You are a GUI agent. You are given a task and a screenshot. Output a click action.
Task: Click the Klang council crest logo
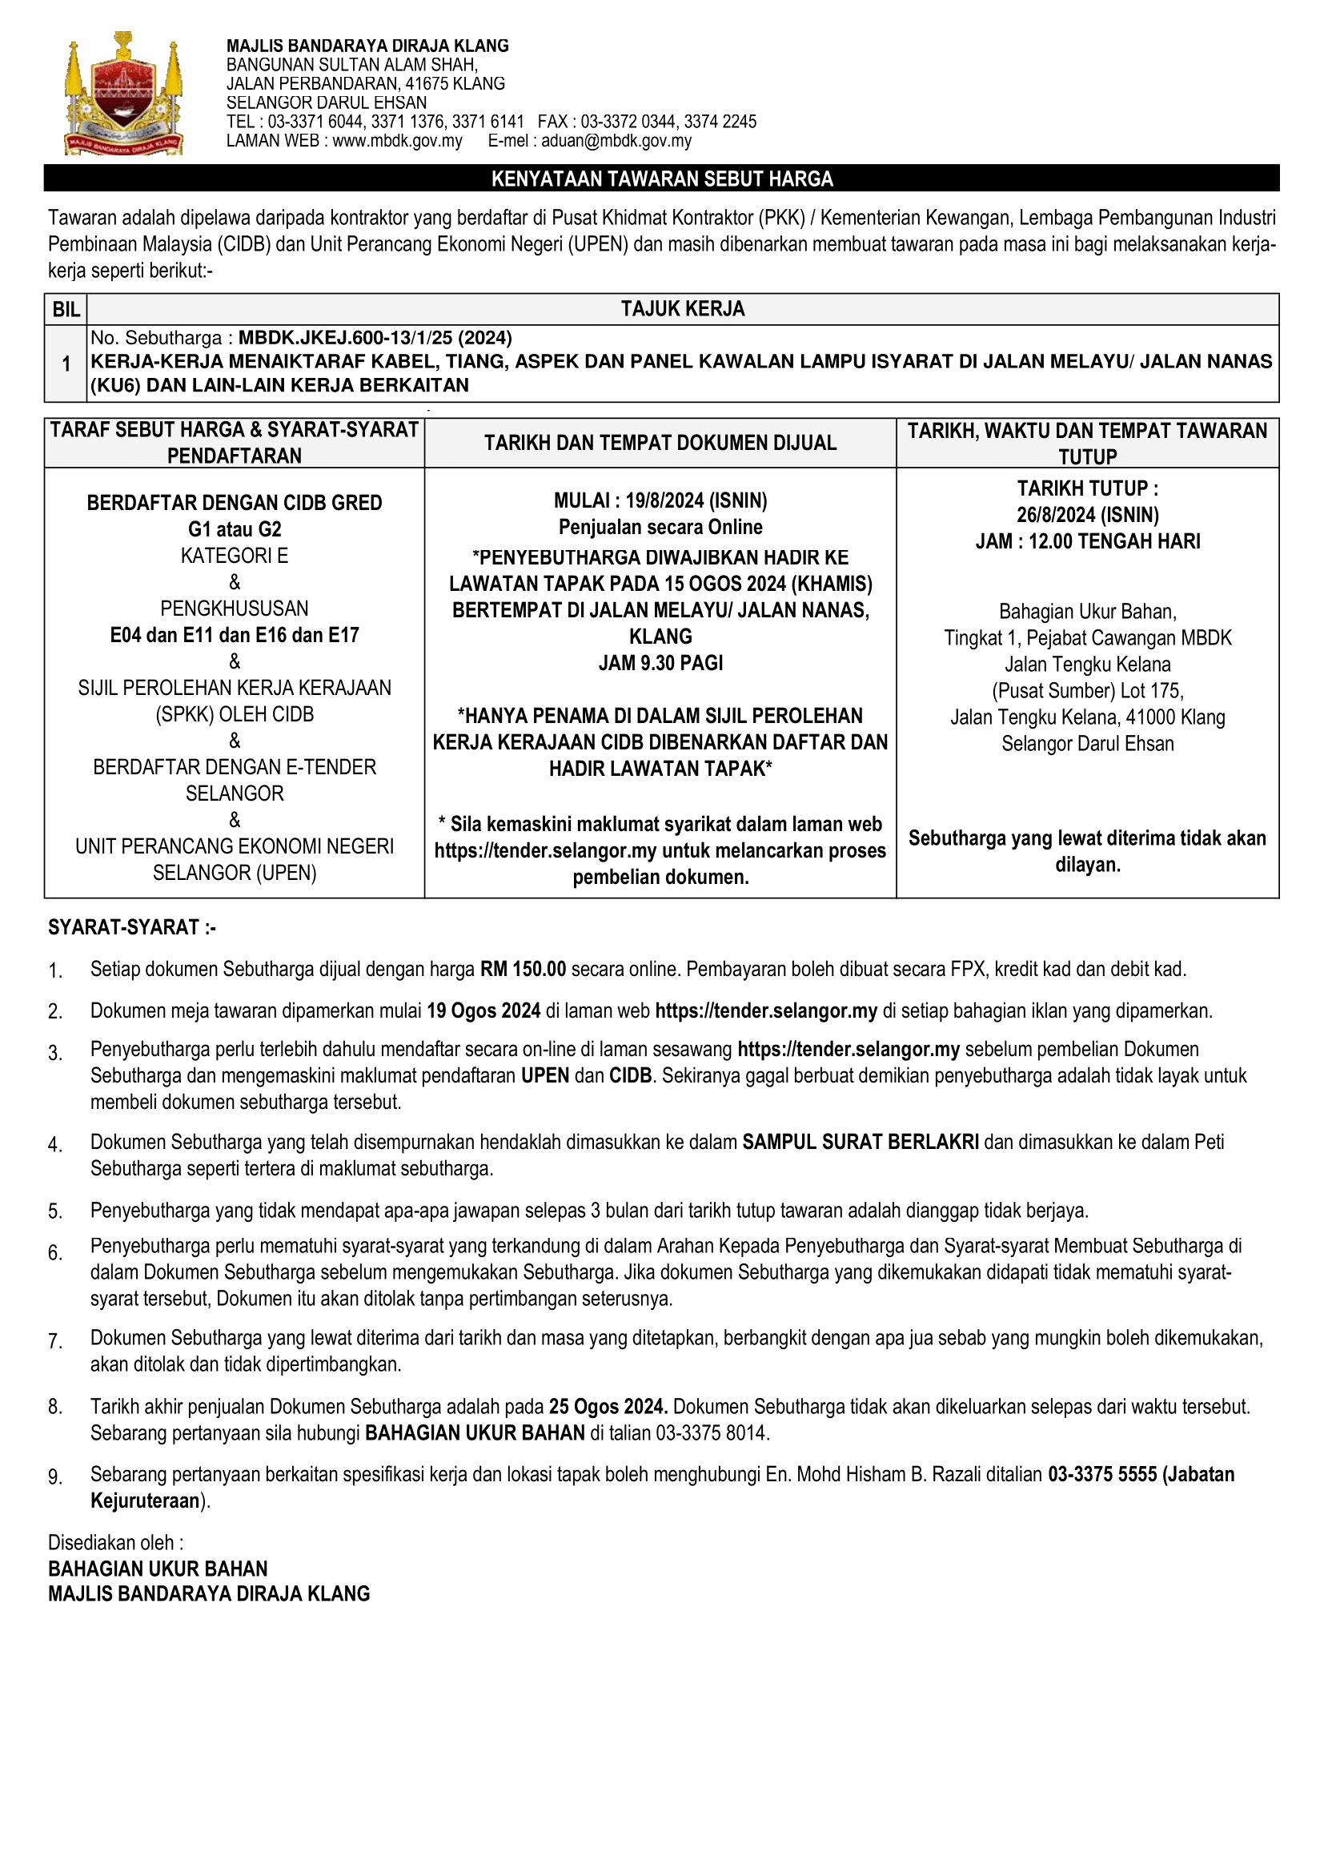123,93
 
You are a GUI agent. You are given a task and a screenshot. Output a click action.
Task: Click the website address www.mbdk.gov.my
397,141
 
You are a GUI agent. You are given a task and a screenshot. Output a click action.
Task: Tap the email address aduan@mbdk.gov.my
616,141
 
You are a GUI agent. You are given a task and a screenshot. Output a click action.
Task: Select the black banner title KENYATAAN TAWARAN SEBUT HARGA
661,179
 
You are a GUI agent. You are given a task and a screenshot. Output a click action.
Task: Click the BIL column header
66,310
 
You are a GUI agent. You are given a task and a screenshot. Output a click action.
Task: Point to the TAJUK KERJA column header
682,309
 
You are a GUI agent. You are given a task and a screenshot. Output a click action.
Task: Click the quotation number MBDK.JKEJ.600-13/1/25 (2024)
375,338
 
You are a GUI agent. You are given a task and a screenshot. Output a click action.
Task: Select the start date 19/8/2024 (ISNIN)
696,500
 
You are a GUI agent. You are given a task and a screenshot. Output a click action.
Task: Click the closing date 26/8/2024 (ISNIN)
1087,516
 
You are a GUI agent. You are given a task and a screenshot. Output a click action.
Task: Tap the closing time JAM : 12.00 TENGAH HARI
1087,541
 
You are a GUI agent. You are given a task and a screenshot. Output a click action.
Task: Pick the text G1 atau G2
235,529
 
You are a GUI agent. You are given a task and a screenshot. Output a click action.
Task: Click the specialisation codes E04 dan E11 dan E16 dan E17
235,635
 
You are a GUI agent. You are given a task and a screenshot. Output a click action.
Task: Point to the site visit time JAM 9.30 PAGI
660,663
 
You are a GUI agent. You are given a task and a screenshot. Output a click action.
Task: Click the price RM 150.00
523,969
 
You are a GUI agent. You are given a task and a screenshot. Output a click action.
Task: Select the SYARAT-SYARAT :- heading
132,927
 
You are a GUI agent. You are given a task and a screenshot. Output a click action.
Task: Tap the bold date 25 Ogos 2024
608,1407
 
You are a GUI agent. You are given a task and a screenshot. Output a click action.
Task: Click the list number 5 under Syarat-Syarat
54,1211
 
